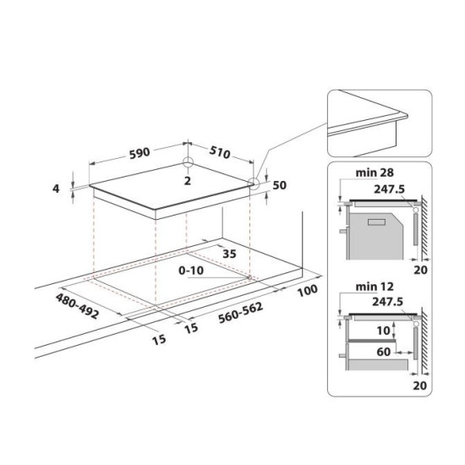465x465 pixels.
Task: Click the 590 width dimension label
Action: pos(139,153)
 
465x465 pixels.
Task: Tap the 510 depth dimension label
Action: pos(220,152)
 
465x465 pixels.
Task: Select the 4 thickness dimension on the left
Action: pos(56,189)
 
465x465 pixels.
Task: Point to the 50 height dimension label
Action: pos(279,185)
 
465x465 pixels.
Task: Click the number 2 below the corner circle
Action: pos(188,181)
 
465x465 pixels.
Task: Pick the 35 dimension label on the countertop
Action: pos(229,254)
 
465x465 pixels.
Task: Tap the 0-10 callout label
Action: pos(191,271)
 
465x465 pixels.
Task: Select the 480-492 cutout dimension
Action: pos(77,306)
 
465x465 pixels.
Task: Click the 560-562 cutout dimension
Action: pos(240,313)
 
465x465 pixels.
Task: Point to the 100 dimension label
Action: pos(308,290)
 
